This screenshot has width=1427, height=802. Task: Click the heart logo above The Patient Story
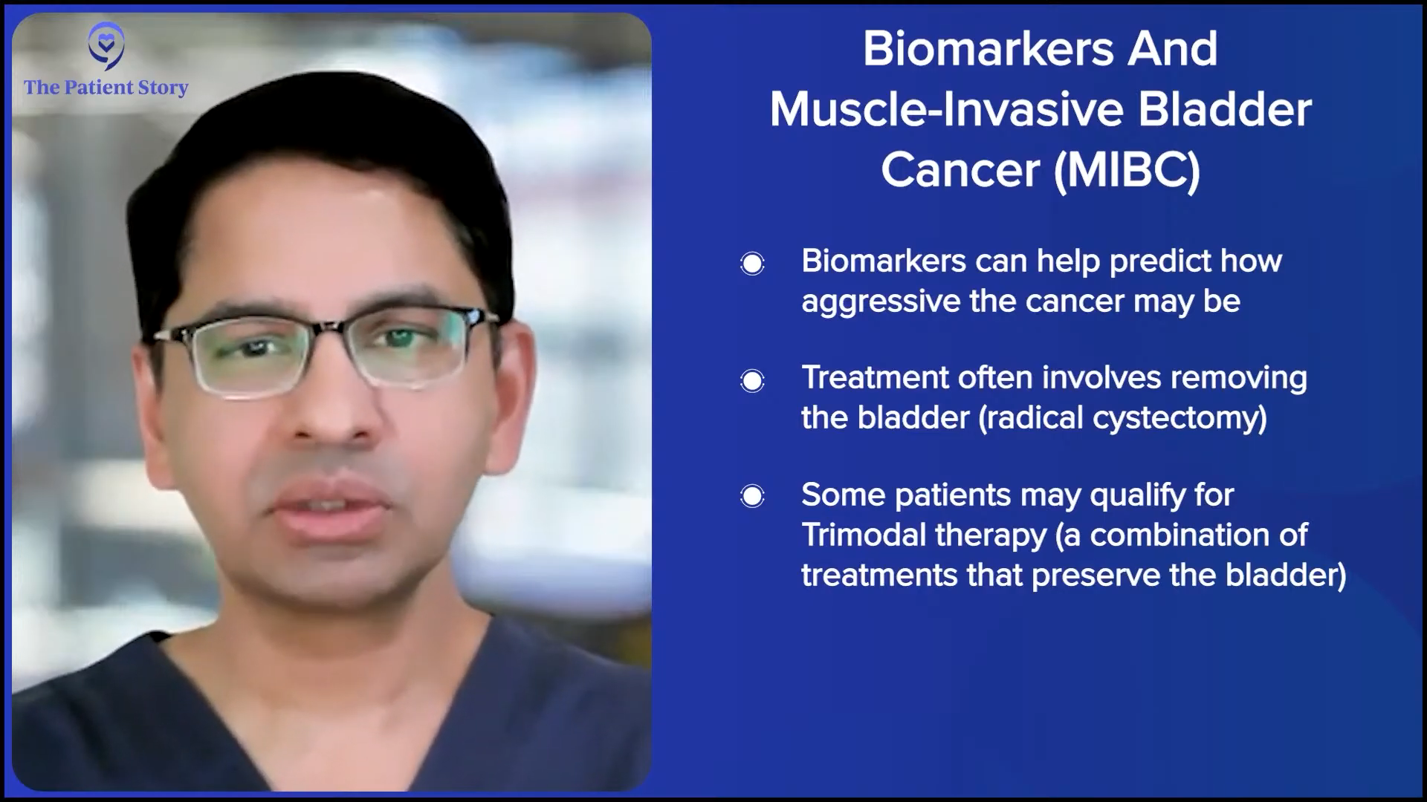pos(106,45)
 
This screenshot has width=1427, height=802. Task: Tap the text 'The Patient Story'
pos(106,88)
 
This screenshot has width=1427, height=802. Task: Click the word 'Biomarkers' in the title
pos(988,49)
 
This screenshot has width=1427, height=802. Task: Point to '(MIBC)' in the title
pos(1127,170)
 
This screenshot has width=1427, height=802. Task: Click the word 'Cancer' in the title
pos(960,171)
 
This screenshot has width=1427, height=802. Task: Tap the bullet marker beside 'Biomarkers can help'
pos(752,264)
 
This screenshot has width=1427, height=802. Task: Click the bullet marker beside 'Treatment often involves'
pos(752,381)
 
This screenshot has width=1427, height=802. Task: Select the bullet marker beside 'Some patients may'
pos(752,496)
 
